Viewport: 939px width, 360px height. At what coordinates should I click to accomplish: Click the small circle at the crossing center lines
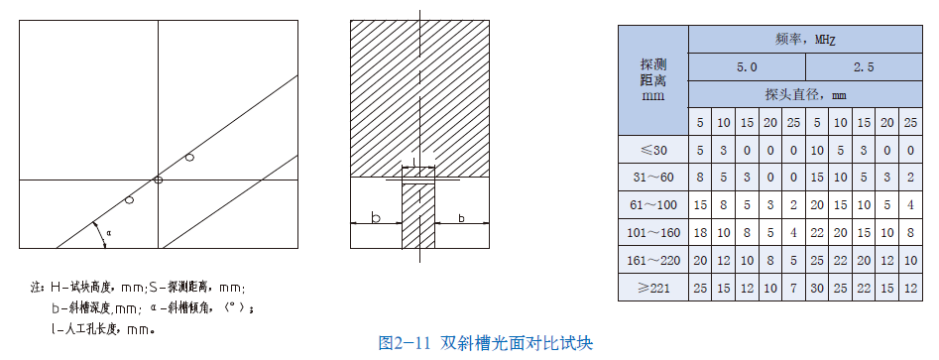(158, 180)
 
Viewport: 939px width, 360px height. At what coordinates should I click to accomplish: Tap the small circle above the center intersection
(189, 157)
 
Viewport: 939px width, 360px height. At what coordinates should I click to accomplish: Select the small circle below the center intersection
(129, 200)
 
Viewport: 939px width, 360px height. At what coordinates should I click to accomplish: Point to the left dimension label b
(374, 215)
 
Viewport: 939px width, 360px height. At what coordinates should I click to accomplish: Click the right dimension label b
(462, 215)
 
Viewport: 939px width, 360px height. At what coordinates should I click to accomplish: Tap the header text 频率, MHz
(805, 40)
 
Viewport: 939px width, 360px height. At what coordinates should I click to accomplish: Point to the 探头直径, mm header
(805, 95)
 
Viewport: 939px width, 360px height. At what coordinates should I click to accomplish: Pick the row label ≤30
(653, 150)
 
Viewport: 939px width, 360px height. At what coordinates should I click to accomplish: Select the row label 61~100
(653, 204)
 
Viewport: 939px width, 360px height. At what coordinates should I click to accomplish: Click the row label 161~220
(653, 260)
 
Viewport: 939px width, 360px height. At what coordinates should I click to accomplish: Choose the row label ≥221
(653, 288)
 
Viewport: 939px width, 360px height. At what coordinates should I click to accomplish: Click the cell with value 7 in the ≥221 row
(793, 288)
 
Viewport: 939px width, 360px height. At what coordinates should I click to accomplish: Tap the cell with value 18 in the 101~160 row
(700, 232)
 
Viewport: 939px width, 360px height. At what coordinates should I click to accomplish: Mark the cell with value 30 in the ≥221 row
(816, 288)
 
